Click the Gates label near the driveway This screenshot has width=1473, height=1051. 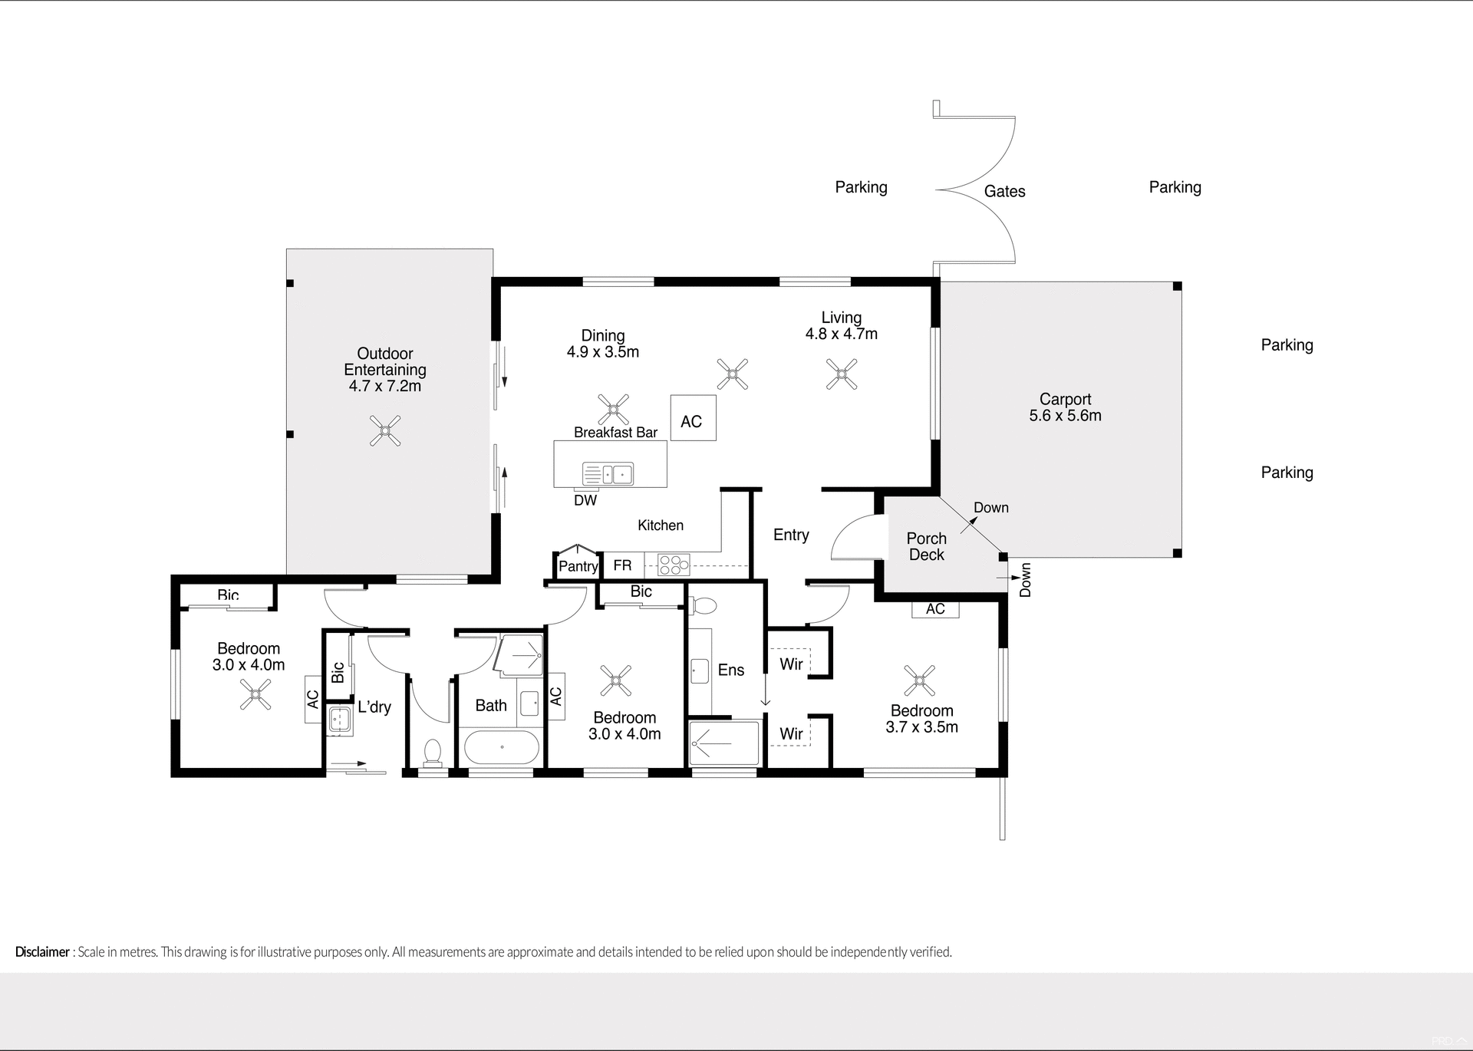click(x=1004, y=192)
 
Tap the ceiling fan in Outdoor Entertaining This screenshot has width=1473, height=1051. click(x=385, y=431)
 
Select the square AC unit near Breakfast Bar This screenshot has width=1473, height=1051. click(x=693, y=418)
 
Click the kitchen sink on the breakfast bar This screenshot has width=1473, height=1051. click(x=608, y=475)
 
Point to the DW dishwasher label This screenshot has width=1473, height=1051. click(x=585, y=501)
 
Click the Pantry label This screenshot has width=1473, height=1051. click(x=578, y=566)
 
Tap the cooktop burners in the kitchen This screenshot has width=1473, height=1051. click(x=674, y=565)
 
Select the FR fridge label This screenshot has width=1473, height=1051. click(x=622, y=565)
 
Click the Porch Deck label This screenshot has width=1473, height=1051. click(x=926, y=547)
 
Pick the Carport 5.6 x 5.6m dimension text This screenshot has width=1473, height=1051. click(x=1065, y=416)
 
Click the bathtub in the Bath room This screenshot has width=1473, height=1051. click(x=502, y=746)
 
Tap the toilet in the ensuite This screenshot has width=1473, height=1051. click(x=704, y=606)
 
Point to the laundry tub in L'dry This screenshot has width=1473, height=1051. click(x=339, y=720)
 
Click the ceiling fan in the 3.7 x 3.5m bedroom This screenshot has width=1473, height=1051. click(x=919, y=680)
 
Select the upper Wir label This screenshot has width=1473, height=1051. click(x=791, y=664)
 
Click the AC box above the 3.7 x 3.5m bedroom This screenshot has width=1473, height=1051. click(x=935, y=609)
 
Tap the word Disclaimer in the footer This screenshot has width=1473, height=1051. click(x=42, y=952)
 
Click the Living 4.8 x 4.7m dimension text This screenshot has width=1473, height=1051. click(x=841, y=334)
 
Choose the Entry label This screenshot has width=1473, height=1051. click(x=791, y=535)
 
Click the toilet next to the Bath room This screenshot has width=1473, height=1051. click(x=433, y=752)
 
